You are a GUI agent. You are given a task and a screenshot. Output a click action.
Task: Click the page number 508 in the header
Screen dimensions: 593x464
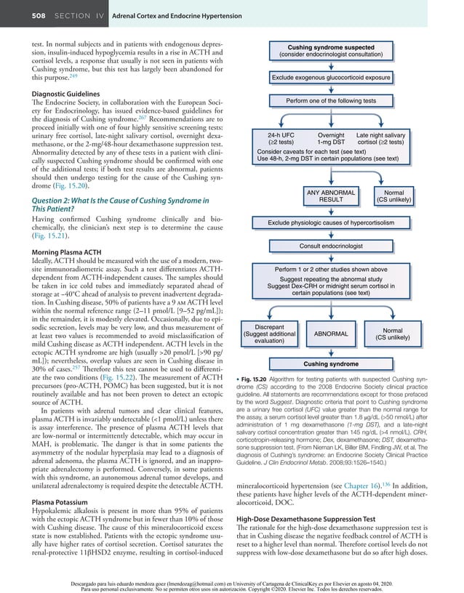20,15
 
